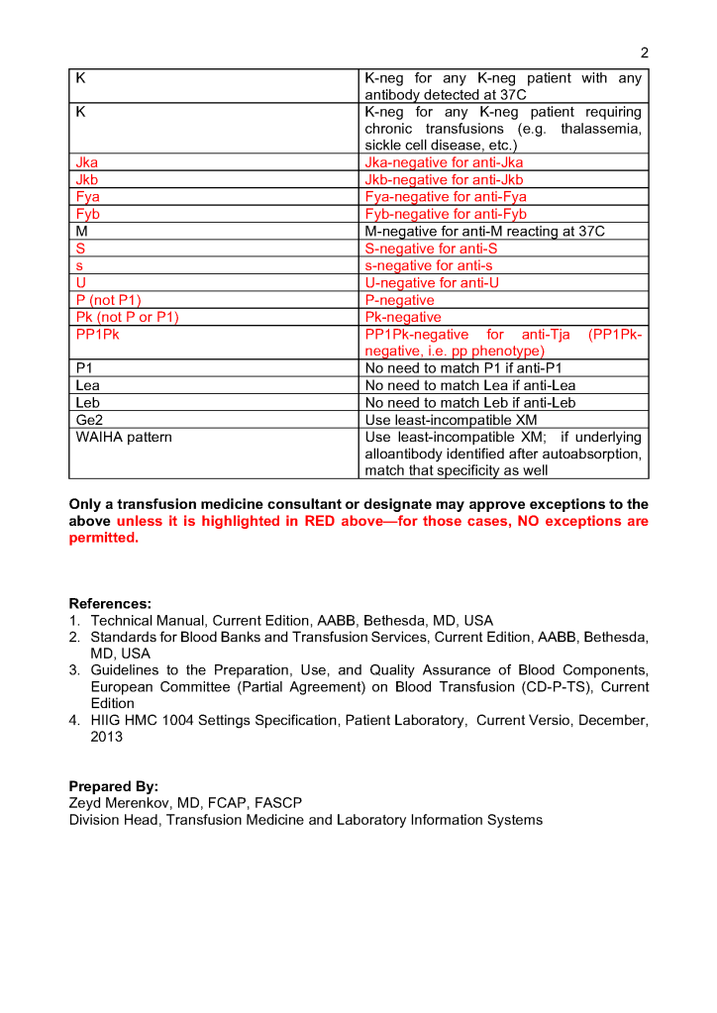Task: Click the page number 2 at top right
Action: click(x=645, y=53)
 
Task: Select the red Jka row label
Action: click(x=87, y=162)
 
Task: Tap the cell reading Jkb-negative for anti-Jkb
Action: click(x=444, y=179)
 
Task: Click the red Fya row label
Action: click(x=87, y=196)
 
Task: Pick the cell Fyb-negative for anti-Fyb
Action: click(x=446, y=214)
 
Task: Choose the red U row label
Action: click(x=81, y=282)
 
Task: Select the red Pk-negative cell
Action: click(x=403, y=317)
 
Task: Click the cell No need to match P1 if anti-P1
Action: click(x=463, y=368)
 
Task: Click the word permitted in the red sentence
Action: click(x=102, y=538)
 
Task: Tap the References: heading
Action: click(x=110, y=603)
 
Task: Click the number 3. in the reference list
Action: click(x=75, y=670)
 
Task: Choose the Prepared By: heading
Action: click(x=113, y=786)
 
